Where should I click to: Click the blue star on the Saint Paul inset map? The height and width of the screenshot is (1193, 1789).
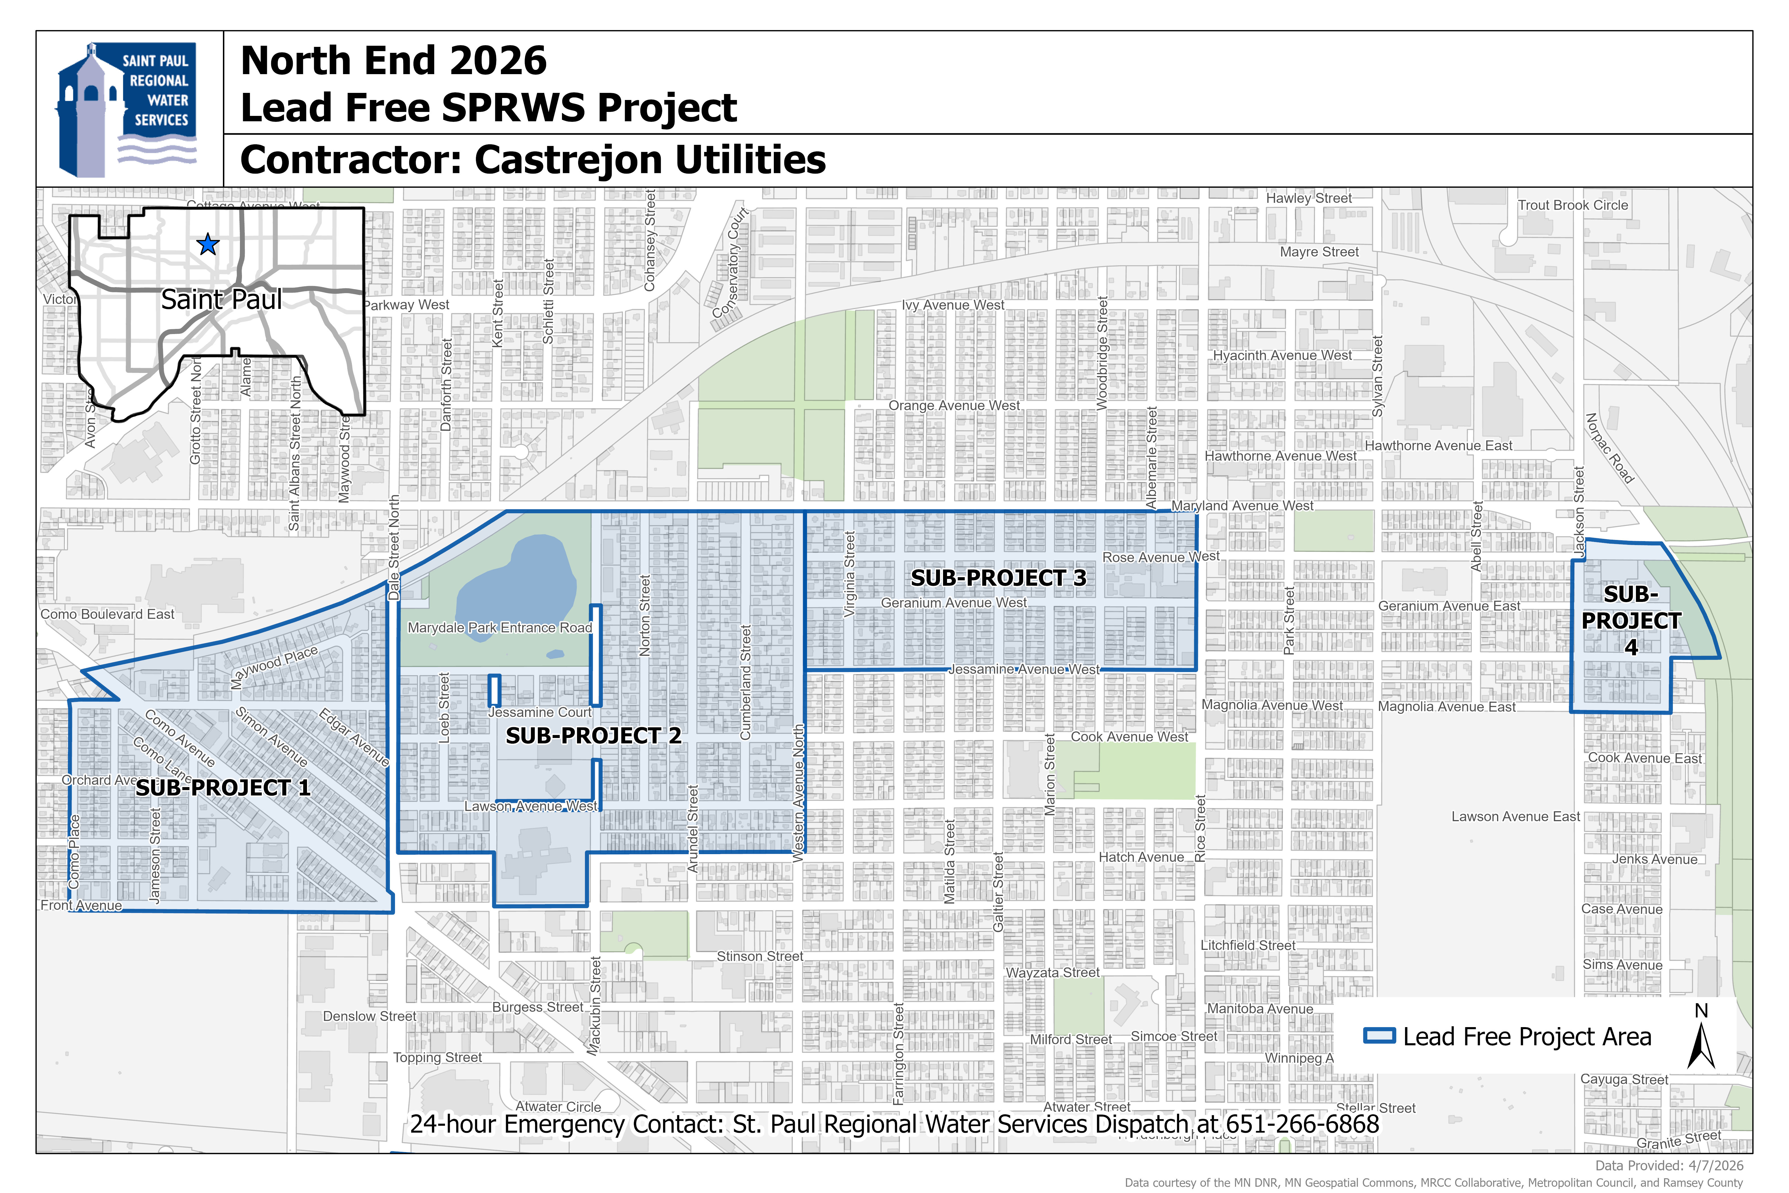pos(208,245)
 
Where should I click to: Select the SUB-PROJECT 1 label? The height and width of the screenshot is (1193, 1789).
pos(223,787)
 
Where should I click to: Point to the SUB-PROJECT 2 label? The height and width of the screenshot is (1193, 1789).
pos(593,736)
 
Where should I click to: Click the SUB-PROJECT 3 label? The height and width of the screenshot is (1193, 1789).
pos(999,578)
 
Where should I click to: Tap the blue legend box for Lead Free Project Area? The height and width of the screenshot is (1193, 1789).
pos(1379,1036)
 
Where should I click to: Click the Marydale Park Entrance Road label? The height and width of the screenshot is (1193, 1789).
pos(500,628)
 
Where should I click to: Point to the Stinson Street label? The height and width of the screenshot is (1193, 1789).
pos(760,956)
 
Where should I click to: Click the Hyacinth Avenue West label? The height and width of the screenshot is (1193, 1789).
pos(1282,355)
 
